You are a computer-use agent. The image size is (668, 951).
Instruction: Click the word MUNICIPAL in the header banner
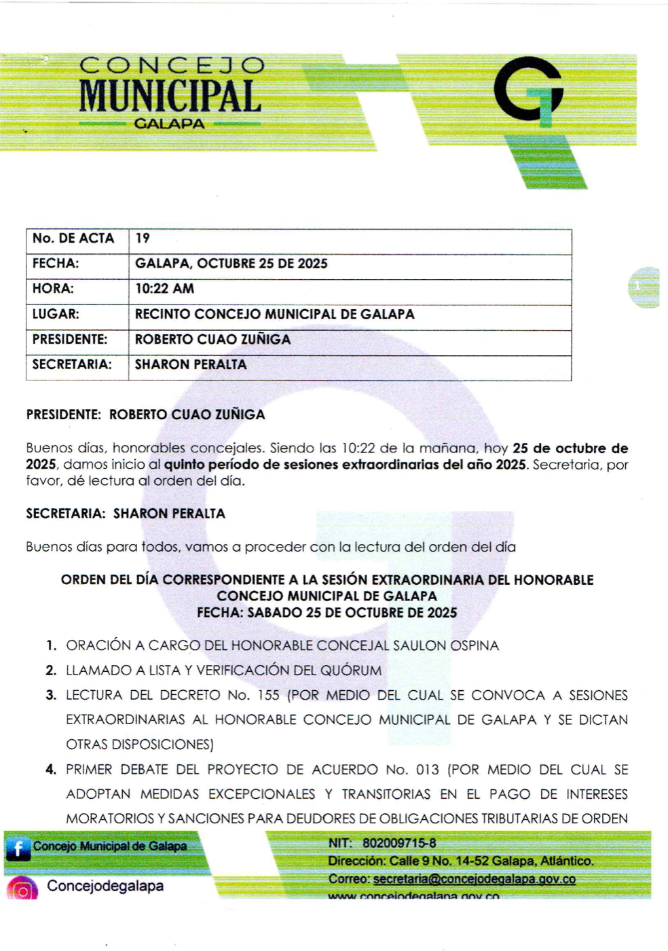tap(170, 96)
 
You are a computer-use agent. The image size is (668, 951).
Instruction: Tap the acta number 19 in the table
tap(143, 238)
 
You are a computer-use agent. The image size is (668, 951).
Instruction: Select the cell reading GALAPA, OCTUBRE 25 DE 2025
tap(231, 264)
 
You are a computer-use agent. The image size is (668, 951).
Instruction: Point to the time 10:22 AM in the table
tap(164, 289)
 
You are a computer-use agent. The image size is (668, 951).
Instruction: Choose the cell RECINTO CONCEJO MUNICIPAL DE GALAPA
tap(274, 315)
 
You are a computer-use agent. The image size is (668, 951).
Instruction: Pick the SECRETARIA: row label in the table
tap(71, 364)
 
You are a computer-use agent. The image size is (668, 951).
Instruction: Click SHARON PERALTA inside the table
tap(191, 365)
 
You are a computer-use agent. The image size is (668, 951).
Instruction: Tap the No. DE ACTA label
tap(73, 238)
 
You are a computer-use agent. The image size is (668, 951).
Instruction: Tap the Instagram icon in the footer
tap(22, 889)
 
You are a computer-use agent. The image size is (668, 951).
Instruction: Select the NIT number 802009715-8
tap(399, 843)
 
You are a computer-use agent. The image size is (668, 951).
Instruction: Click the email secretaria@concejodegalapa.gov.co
tap(474, 879)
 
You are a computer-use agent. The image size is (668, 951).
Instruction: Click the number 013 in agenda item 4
tap(427, 770)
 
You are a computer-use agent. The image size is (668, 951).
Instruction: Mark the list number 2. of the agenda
tap(51, 670)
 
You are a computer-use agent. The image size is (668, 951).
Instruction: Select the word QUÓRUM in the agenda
tap(351, 670)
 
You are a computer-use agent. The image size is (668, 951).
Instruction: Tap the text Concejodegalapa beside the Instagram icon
tap(105, 886)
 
